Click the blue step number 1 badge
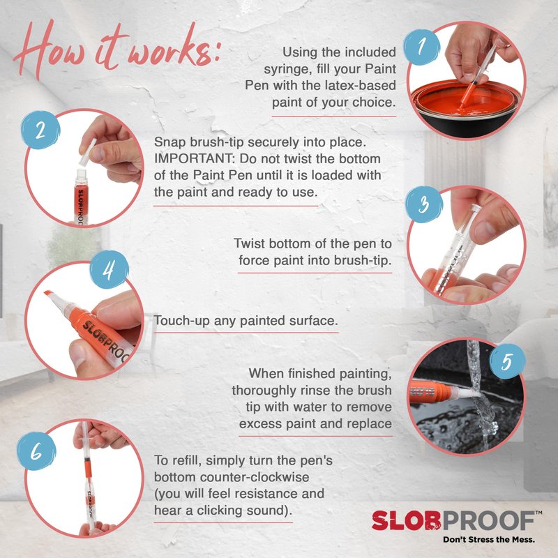pos(422,47)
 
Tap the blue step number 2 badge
pos(40,130)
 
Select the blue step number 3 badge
pos(424,204)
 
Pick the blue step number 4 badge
pos(109,269)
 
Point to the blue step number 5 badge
pos(507,362)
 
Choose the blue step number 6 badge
pos(37,451)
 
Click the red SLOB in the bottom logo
pos(407,520)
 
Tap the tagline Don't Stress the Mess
pos(489,539)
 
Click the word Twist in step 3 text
pos(249,243)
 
